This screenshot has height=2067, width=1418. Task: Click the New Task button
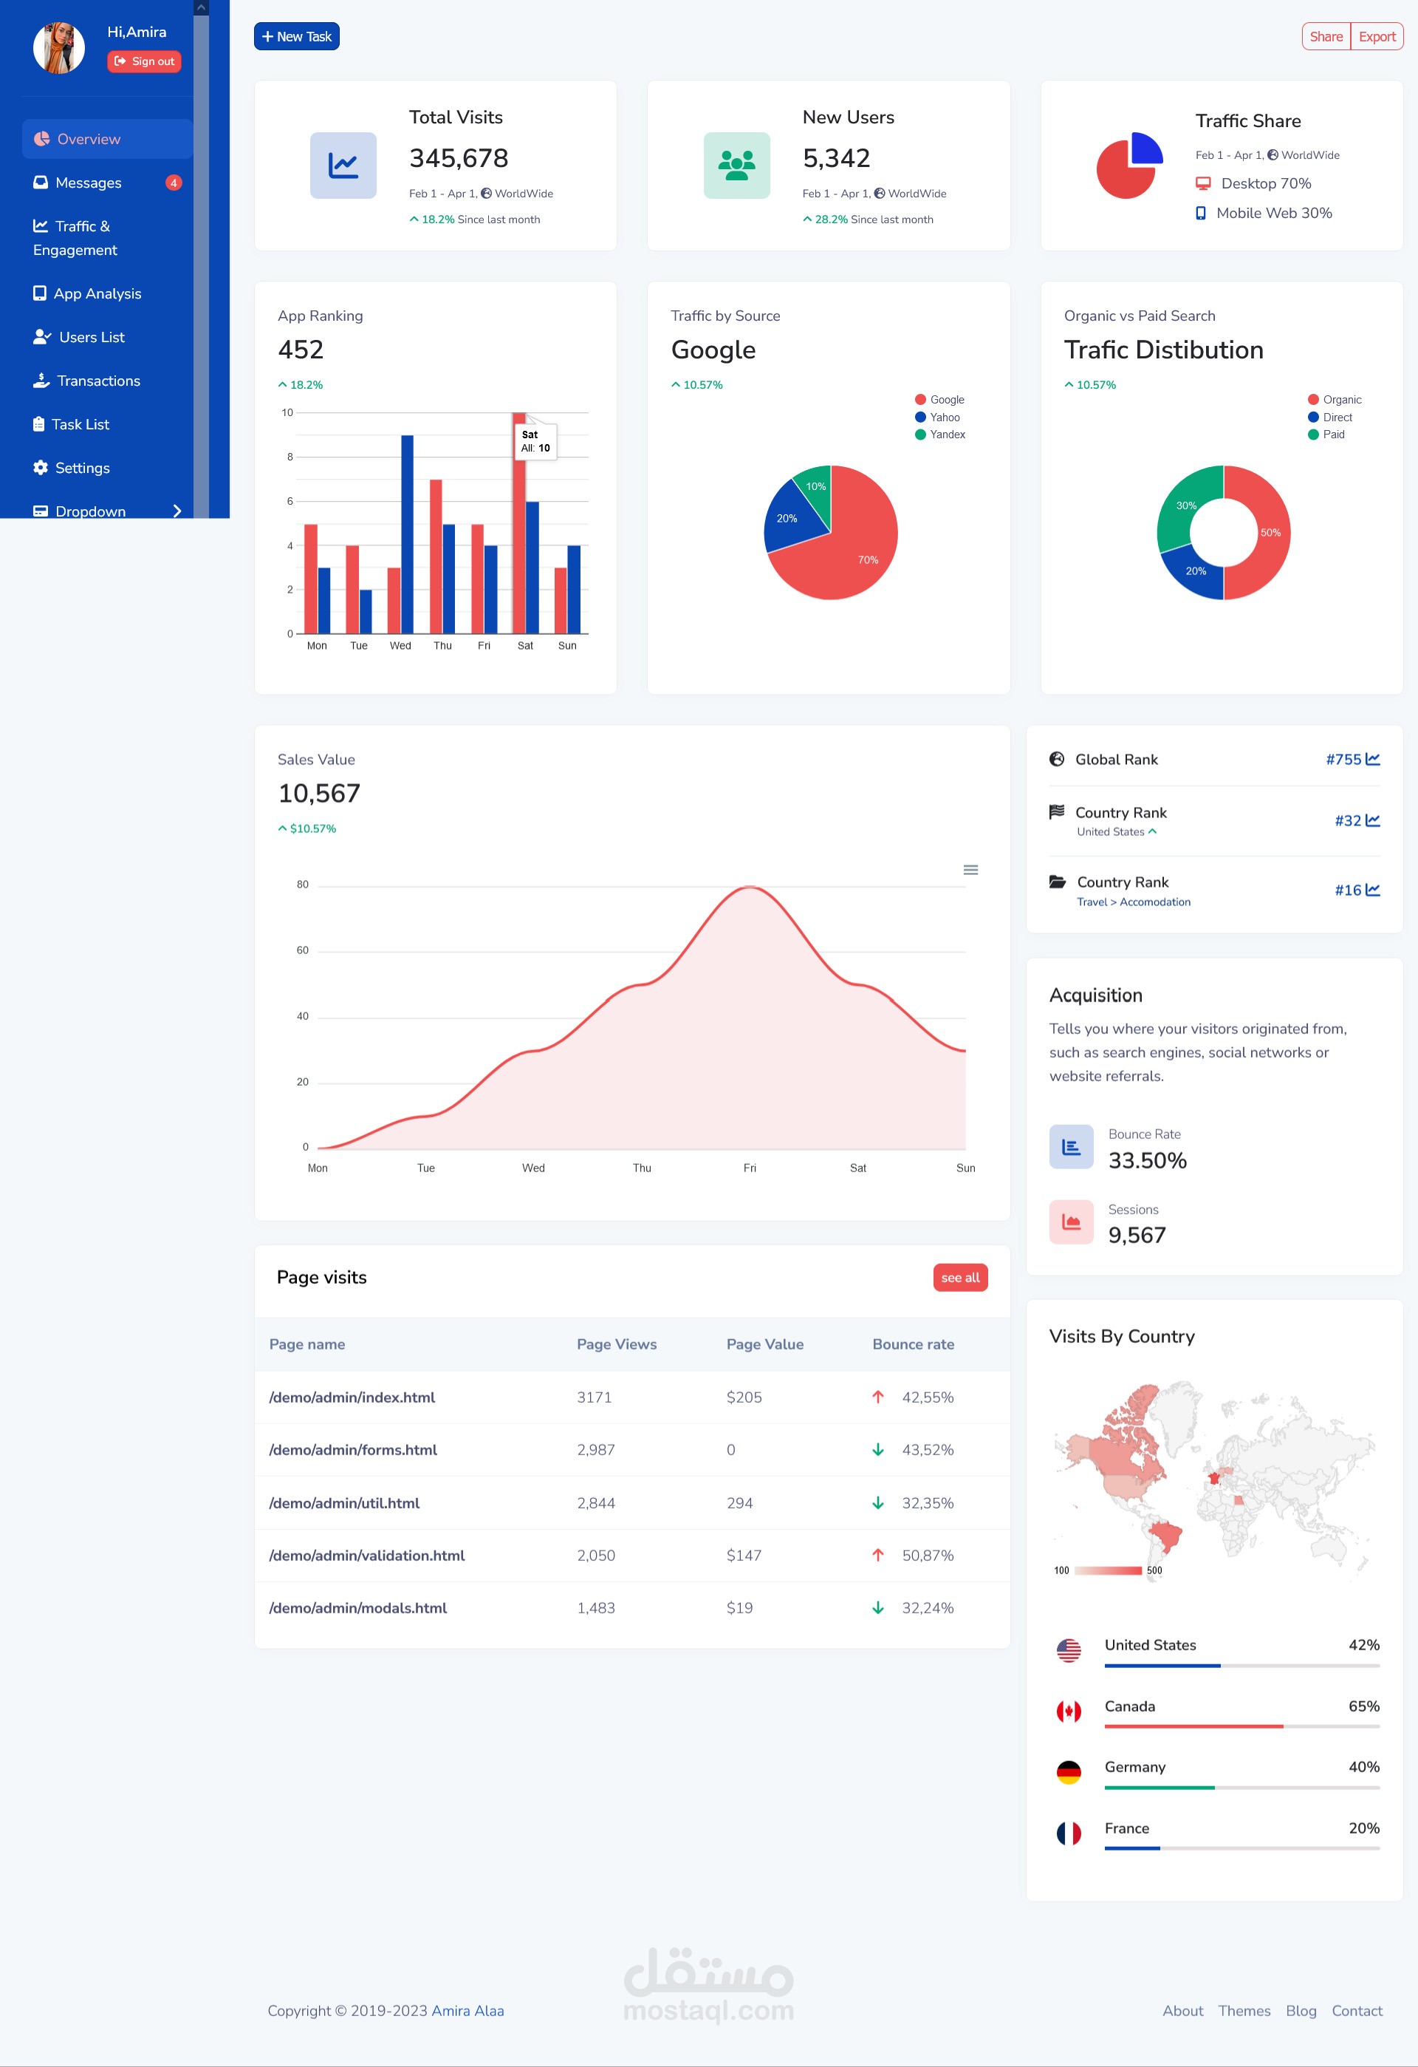296,36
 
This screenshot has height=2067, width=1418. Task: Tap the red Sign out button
144,61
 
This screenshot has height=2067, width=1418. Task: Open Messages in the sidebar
88,183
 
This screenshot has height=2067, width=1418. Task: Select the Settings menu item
82,468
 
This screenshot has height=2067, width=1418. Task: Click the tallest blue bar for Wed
407,534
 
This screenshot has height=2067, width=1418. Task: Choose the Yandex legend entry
946,435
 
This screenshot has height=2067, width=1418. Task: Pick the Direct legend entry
1336,417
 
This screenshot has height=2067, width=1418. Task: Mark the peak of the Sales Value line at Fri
750,887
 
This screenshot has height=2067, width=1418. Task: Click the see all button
959,1277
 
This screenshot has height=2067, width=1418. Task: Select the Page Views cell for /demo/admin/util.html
596,1503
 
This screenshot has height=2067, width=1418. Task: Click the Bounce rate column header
912,1344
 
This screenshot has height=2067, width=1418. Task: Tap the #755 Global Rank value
1343,760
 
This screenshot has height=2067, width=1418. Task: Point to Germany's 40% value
1363,1766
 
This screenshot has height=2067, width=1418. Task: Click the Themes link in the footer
1243,2011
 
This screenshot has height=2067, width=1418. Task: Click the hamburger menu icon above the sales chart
970,870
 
